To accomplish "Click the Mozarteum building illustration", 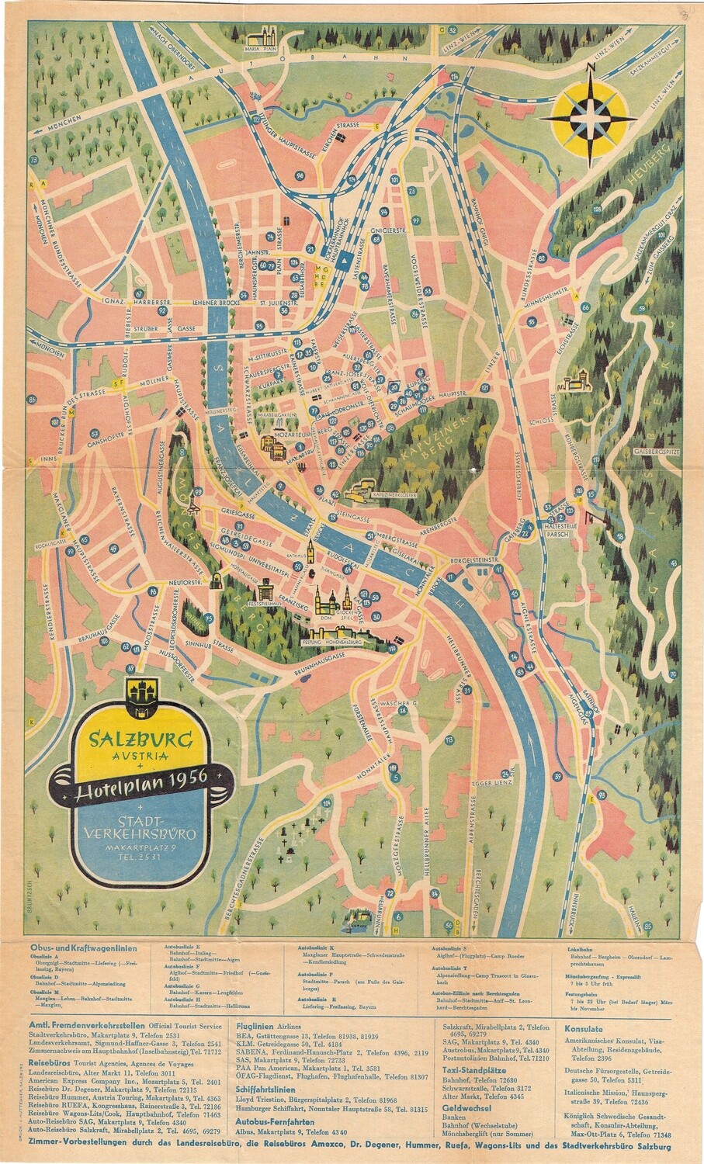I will pos(272,445).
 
